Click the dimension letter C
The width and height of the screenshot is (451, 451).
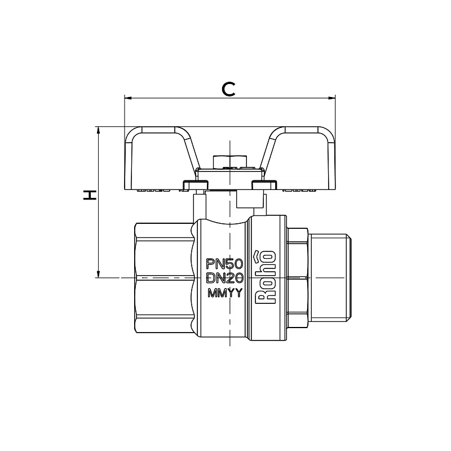click(x=229, y=89)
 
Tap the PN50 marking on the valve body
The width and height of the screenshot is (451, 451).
click(x=225, y=263)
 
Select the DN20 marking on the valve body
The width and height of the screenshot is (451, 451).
click(x=225, y=278)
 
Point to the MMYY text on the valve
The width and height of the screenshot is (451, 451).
click(x=225, y=293)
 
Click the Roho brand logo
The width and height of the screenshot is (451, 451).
click(x=266, y=277)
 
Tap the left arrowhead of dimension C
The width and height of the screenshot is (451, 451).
click(x=128, y=98)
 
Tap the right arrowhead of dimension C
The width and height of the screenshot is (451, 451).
click(x=332, y=98)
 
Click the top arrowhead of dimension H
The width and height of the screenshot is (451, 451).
click(x=98, y=130)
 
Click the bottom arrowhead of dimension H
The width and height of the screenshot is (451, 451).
click(x=98, y=274)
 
